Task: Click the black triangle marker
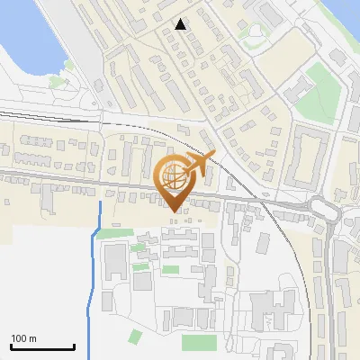pyautogui.click(x=181, y=24)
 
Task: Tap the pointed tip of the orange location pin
pyautogui.click(x=174, y=211)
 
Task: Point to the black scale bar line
pyautogui.click(x=41, y=347)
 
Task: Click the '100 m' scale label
pyautogui.click(x=23, y=338)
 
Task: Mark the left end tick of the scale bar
pyautogui.click(x=11, y=346)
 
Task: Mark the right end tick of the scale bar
pyautogui.click(x=73, y=346)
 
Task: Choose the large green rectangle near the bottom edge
pyautogui.click(x=199, y=342)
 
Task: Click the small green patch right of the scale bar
pyautogui.click(x=135, y=337)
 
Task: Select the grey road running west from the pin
pyautogui.click(x=72, y=177)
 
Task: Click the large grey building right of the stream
pyautogui.click(x=114, y=261)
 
